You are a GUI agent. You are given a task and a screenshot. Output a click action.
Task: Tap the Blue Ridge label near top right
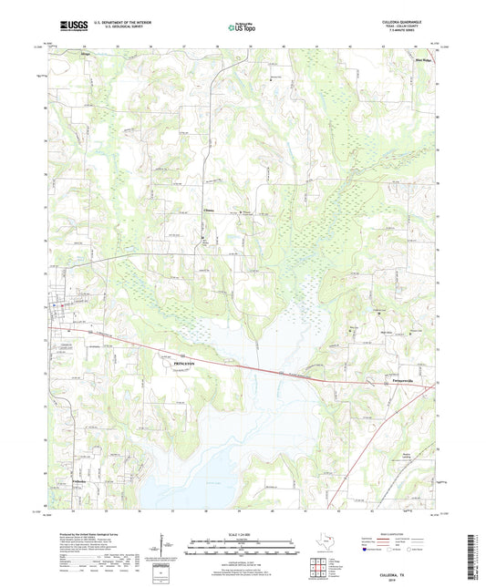[x=423, y=60]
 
